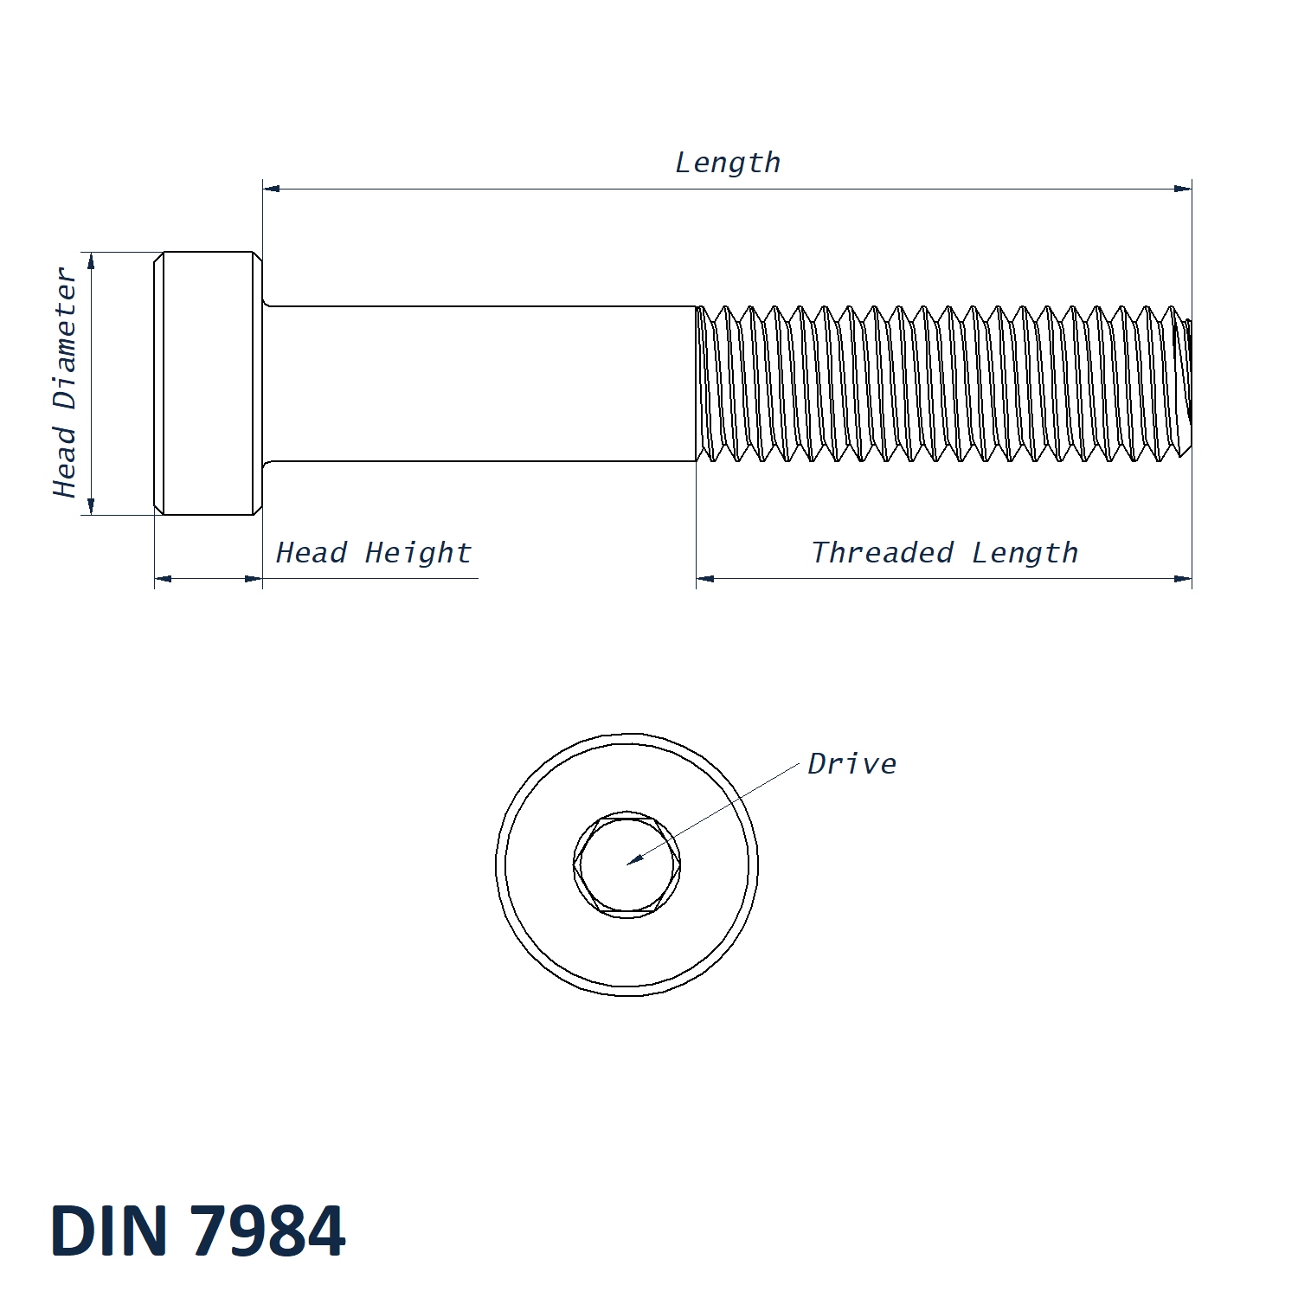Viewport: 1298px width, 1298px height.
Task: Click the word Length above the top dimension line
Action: coord(727,163)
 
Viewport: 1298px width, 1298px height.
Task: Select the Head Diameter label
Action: coord(66,382)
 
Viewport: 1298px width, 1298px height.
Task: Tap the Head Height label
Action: coord(374,553)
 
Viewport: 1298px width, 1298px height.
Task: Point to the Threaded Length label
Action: coord(944,553)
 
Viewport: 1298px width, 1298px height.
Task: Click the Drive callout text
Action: coord(851,764)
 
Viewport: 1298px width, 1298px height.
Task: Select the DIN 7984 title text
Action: coord(198,1231)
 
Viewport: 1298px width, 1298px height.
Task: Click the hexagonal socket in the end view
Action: coord(627,864)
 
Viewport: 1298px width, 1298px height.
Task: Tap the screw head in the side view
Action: coord(209,383)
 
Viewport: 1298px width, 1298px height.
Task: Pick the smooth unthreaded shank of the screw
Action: coord(480,383)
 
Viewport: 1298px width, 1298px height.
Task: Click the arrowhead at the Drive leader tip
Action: coord(634,859)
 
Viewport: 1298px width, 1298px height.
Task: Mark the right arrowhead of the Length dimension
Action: coord(1184,189)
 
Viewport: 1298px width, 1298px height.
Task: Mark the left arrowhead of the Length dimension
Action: coord(271,189)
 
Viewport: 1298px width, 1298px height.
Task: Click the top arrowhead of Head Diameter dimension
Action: coord(91,260)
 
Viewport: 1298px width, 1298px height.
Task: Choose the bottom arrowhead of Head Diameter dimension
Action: coord(91,507)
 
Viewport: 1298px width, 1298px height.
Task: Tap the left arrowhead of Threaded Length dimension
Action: coord(704,578)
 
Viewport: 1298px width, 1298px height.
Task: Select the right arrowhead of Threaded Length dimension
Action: coord(1184,578)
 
